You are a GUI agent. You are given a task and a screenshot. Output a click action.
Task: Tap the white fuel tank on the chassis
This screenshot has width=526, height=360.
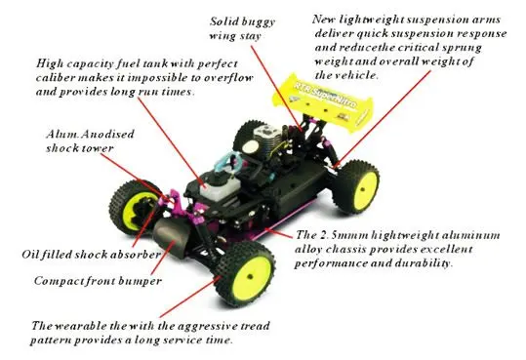click(x=220, y=188)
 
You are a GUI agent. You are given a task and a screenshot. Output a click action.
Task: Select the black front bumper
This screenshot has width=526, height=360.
click(x=172, y=236)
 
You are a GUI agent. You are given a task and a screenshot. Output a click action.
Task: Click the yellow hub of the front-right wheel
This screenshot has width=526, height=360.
click(x=252, y=277)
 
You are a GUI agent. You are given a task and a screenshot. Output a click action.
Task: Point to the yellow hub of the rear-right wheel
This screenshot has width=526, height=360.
click(x=364, y=189)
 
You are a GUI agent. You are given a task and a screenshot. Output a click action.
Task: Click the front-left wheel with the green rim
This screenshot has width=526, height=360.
click(x=135, y=208)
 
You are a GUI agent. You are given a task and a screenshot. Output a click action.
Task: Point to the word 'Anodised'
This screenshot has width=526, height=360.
click(x=107, y=135)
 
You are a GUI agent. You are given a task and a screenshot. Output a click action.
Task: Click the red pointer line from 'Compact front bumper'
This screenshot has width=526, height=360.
click(x=163, y=258)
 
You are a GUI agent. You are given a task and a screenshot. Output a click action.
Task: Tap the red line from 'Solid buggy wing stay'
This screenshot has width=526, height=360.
click(x=276, y=88)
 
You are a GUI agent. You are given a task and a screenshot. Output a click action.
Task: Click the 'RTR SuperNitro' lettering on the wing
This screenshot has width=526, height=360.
click(x=325, y=96)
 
